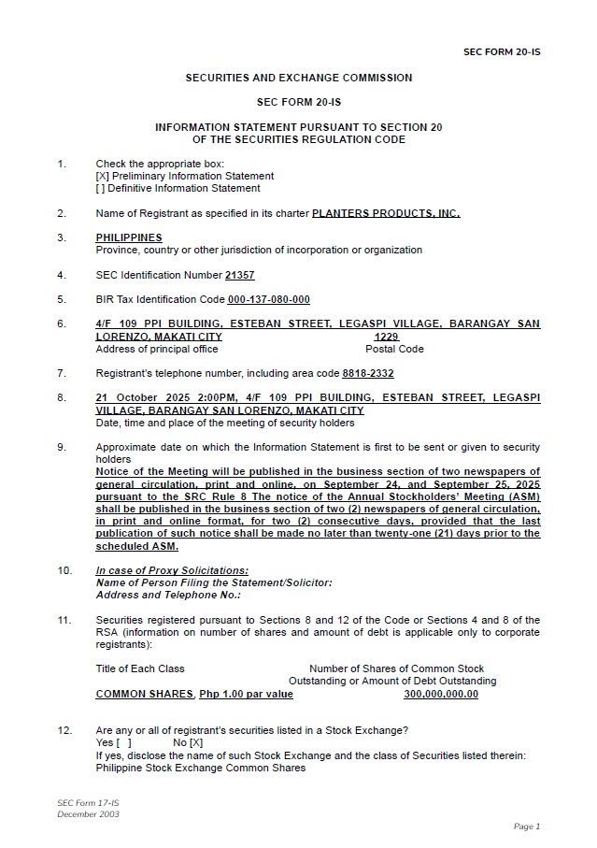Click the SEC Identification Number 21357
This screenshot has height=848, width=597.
click(239, 276)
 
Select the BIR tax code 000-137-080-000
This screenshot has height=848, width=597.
click(268, 300)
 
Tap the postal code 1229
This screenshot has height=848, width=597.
click(386, 337)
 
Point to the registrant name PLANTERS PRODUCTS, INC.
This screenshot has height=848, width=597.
click(385, 213)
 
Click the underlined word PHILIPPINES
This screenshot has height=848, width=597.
click(128, 238)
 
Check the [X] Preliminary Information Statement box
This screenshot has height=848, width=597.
click(101, 176)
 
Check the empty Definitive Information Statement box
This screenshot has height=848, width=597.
click(101, 188)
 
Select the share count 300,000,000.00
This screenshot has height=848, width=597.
click(441, 695)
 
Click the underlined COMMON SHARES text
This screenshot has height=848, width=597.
click(144, 695)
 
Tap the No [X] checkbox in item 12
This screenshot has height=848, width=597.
click(195, 743)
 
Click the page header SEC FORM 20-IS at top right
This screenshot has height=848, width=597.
click(501, 52)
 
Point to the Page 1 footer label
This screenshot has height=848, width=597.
click(526, 826)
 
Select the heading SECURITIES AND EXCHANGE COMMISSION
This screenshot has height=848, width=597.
click(298, 78)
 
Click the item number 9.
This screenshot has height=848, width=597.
click(61, 447)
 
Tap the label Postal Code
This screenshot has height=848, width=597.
click(393, 349)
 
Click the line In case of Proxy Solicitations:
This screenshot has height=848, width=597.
click(172, 570)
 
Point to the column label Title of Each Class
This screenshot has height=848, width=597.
click(140, 668)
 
